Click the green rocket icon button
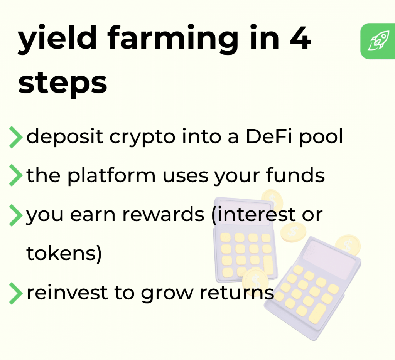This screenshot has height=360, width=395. coord(378,41)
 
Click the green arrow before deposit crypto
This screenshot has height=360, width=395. coord(15,138)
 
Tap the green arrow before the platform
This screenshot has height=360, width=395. coord(15,176)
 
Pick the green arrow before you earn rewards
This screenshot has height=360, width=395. coord(15,215)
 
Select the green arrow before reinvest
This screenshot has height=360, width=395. coord(15,293)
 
